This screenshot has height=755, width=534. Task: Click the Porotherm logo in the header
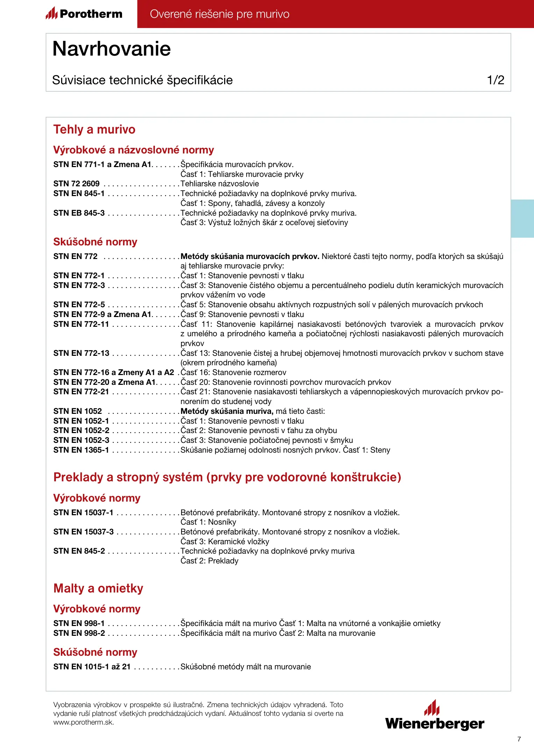[x=84, y=14]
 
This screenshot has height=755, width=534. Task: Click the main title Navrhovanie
[x=112, y=49]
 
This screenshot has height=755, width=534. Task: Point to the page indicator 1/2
[x=496, y=80]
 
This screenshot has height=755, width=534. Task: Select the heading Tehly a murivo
[x=94, y=130]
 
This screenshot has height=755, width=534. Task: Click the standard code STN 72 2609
[x=76, y=184]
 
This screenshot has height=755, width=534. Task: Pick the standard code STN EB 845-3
[x=79, y=213]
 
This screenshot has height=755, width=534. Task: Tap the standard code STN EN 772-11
[x=81, y=324]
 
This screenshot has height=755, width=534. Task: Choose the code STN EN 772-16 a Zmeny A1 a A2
[x=114, y=373]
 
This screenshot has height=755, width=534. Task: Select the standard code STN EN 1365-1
[x=81, y=450]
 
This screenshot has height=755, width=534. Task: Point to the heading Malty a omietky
[x=98, y=588]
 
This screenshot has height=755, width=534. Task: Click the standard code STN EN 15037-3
[x=83, y=532]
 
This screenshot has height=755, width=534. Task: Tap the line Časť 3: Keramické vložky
[x=225, y=542]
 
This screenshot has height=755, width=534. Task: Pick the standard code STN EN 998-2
[x=79, y=633]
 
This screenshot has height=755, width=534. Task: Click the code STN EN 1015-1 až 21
[x=92, y=667]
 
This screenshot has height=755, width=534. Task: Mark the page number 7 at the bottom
[x=519, y=739]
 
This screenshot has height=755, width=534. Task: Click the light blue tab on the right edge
[x=522, y=218]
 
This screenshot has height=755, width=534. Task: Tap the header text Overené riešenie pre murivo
[x=220, y=14]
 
